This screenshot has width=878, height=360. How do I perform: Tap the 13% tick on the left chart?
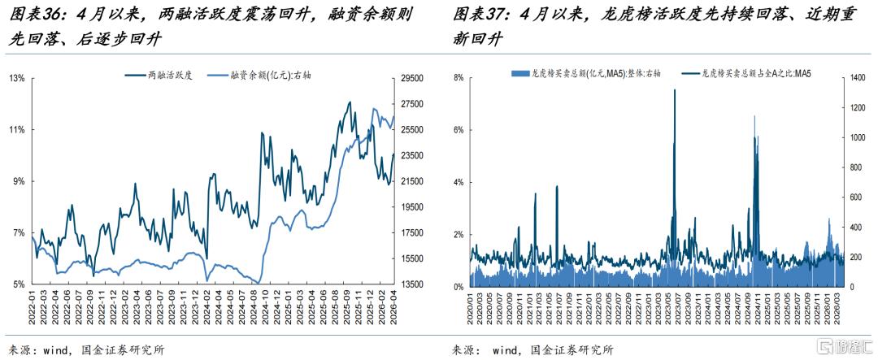[x=17, y=78]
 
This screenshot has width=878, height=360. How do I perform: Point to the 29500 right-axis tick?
[x=413, y=78]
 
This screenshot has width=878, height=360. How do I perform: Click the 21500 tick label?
[x=413, y=181]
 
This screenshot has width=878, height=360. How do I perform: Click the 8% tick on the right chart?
[x=457, y=78]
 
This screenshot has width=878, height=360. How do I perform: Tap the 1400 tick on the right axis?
[x=855, y=78]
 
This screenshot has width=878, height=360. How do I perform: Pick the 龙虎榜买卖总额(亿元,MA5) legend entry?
[x=585, y=73]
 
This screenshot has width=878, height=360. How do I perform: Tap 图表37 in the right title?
[x=475, y=15]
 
